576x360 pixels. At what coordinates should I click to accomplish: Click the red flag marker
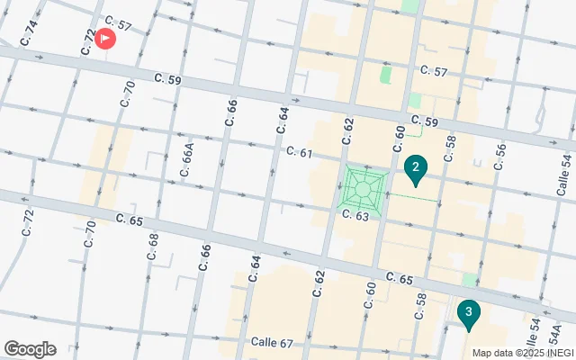click(x=106, y=39)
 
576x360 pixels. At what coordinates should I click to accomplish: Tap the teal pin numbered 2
click(x=415, y=167)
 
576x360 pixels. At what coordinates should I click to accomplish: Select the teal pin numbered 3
click(x=468, y=313)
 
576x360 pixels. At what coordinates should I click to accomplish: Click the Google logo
click(x=30, y=349)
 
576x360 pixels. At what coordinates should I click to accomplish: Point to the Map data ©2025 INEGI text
click(x=521, y=353)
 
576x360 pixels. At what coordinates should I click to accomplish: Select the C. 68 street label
click(x=152, y=247)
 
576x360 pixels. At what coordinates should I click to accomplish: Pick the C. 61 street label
click(x=299, y=152)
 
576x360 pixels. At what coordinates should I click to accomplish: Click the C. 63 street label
click(x=356, y=216)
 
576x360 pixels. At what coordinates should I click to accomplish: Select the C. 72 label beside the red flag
click(x=88, y=41)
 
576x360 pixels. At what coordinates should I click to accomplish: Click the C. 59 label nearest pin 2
click(x=424, y=121)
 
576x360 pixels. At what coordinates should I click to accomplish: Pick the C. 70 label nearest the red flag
click(x=128, y=94)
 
